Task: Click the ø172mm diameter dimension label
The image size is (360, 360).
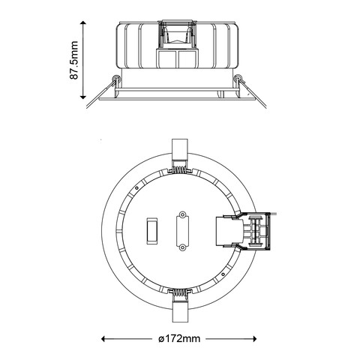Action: coord(179,338)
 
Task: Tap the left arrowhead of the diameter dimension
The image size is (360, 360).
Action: coord(104,338)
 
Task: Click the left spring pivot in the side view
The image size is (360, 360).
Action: coord(115,79)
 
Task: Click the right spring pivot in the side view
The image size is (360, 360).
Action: coord(238,79)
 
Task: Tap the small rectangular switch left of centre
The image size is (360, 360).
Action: coord(151,230)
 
